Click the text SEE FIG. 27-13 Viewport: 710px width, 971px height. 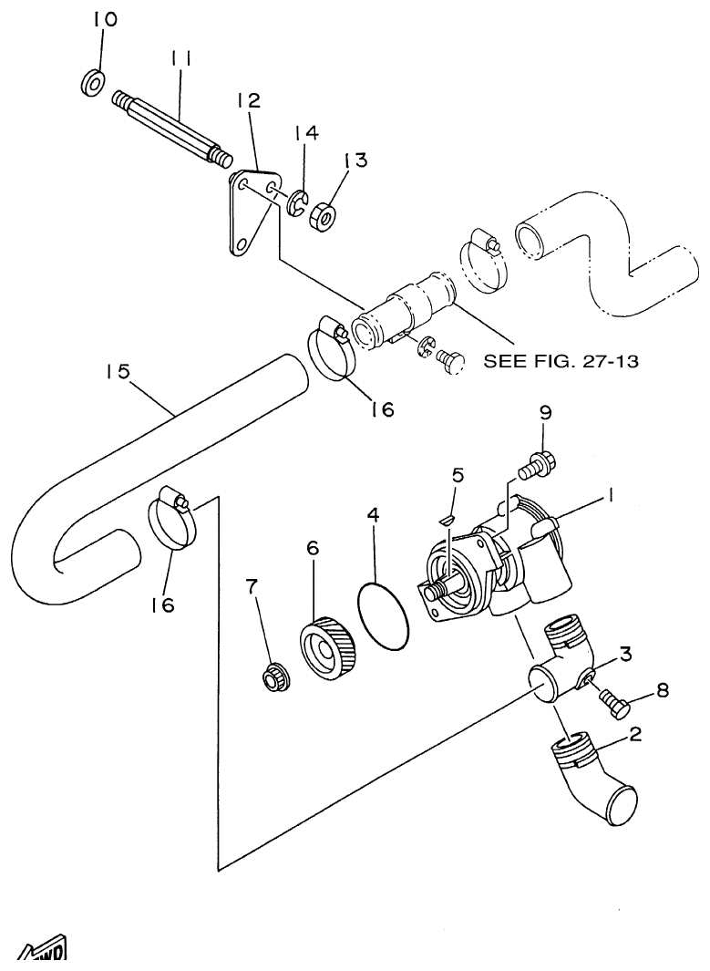pos(560,361)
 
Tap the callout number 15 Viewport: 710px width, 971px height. pos(118,372)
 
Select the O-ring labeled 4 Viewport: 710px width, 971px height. pos(383,617)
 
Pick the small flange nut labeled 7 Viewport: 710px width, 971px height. pos(271,677)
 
